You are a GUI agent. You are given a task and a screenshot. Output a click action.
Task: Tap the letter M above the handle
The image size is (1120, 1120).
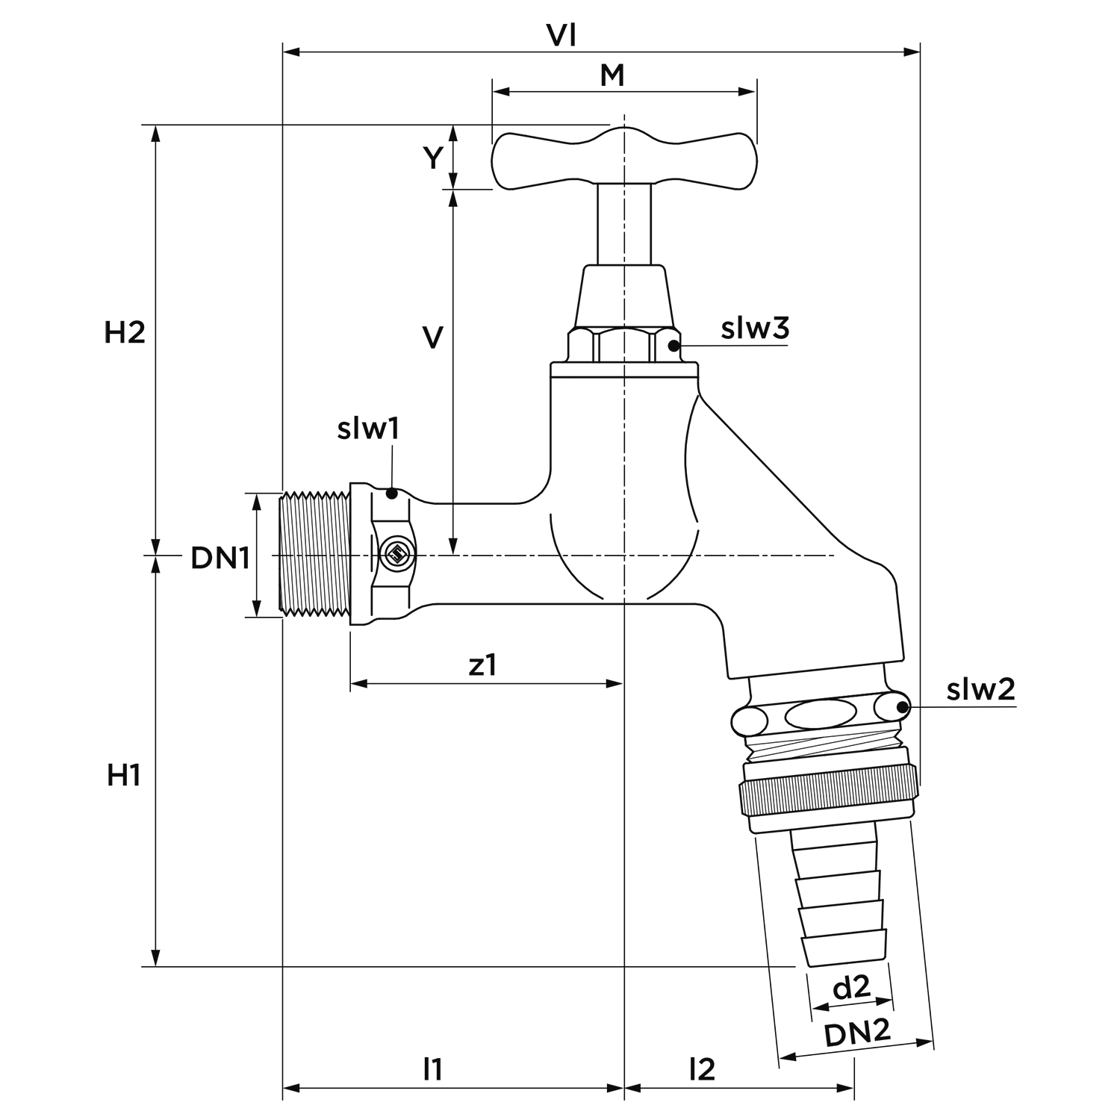tap(612, 75)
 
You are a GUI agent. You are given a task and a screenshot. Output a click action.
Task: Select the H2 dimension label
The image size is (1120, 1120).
tap(125, 333)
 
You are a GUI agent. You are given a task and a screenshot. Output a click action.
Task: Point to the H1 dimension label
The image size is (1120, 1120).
tap(124, 776)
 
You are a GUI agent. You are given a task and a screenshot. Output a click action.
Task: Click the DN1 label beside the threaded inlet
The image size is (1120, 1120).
tap(220, 557)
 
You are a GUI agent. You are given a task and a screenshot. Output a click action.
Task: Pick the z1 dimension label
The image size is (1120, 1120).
tap(482, 665)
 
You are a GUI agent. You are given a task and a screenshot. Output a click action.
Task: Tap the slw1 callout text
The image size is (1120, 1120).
tap(368, 429)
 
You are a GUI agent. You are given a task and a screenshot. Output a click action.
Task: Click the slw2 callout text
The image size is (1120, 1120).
tap(981, 689)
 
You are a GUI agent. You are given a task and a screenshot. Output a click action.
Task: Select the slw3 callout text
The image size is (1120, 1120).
tap(755, 329)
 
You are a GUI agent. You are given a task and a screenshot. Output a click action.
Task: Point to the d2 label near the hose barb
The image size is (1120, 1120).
tap(852, 988)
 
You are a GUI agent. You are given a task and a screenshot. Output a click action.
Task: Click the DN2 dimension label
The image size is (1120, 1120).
tap(858, 1034)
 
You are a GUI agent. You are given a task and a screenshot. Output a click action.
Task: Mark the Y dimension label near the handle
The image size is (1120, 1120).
tap(433, 158)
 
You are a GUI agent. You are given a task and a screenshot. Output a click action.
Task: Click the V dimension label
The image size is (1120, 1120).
tap(432, 337)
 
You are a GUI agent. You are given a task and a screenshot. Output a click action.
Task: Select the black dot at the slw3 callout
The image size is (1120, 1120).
tap(673, 345)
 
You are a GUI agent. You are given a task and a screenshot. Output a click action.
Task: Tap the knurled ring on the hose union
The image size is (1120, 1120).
tap(828, 795)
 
